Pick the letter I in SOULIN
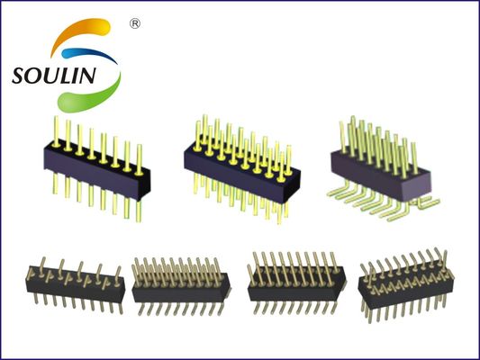tap(79, 76)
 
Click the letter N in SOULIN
tap(89, 76)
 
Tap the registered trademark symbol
tap(135, 23)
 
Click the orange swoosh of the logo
tap(78, 30)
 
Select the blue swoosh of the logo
tap(89, 54)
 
